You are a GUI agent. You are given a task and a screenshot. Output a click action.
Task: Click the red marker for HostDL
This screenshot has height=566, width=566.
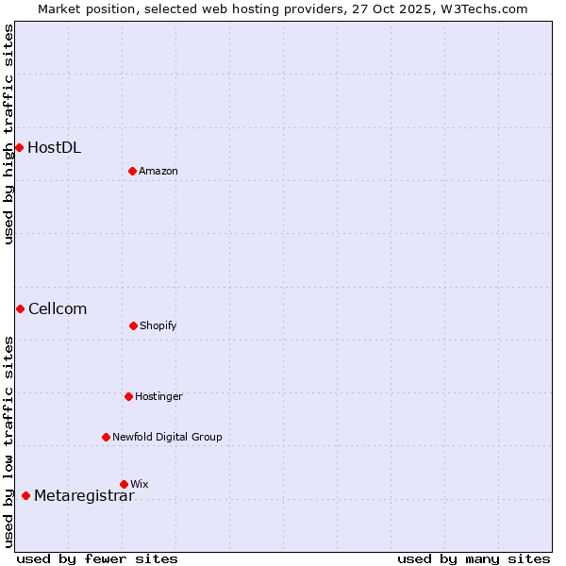pyautogui.click(x=19, y=147)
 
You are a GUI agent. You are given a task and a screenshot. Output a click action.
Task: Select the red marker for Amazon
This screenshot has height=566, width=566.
pyautogui.click(x=132, y=171)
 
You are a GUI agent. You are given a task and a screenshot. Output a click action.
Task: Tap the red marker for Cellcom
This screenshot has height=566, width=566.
pyautogui.click(x=20, y=308)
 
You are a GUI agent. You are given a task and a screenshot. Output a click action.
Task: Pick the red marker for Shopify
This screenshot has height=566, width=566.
pyautogui.click(x=133, y=325)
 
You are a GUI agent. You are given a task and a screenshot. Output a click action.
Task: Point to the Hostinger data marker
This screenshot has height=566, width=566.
pyautogui.click(x=128, y=396)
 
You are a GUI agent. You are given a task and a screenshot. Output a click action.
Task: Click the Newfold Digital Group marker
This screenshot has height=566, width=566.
pyautogui.click(x=106, y=437)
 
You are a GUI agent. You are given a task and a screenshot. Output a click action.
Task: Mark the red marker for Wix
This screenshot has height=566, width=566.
pyautogui.click(x=124, y=484)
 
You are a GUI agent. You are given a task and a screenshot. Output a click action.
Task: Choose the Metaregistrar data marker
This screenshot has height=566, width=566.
pyautogui.click(x=25, y=495)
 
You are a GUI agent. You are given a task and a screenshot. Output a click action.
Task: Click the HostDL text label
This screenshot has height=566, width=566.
pyautogui.click(x=54, y=147)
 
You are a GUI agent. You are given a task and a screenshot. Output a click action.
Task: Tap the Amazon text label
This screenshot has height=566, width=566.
pyautogui.click(x=158, y=171)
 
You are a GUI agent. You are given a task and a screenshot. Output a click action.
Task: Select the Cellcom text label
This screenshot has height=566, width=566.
pyautogui.click(x=58, y=308)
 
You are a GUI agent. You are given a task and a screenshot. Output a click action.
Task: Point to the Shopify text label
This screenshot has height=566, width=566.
pyautogui.click(x=158, y=325)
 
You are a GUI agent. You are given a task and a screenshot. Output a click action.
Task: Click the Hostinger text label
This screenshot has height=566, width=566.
pyautogui.click(x=158, y=396)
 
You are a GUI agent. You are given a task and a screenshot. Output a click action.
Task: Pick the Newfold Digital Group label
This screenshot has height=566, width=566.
pyautogui.click(x=167, y=437)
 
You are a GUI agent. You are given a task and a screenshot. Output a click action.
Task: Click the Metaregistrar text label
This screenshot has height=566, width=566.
pyautogui.click(x=84, y=496)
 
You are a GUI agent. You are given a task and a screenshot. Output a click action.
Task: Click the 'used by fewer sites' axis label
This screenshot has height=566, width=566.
pyautogui.click(x=97, y=558)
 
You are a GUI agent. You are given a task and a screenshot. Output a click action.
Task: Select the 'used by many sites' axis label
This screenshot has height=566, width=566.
pyautogui.click(x=474, y=558)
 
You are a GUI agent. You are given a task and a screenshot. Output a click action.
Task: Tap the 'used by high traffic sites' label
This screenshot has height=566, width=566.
pyautogui.click(x=8, y=134)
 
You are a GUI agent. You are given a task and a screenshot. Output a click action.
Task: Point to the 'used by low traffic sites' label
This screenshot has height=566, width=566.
pyautogui.click(x=8, y=441)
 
